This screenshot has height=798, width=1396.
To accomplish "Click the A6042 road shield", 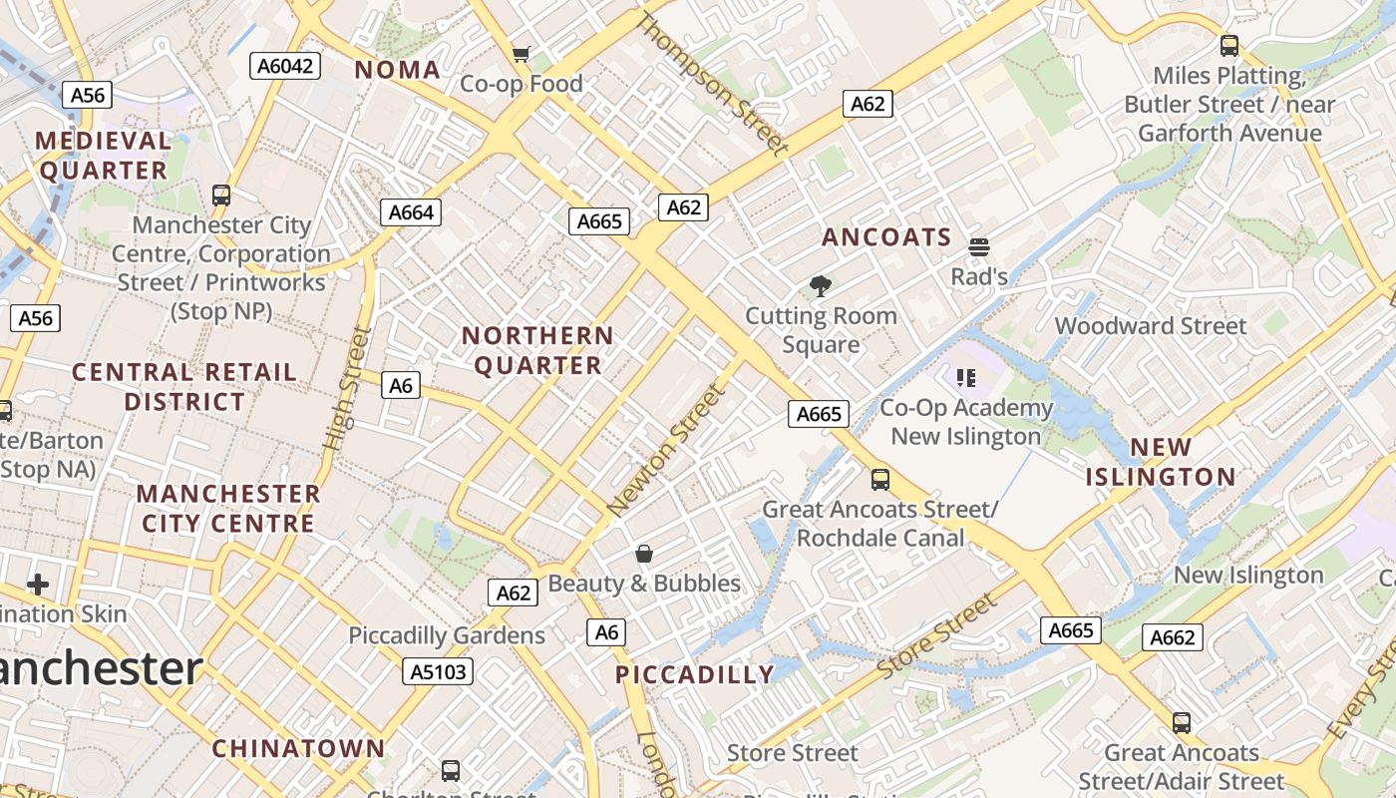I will tap(285, 66).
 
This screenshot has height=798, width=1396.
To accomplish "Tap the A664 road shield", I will tap(411, 212).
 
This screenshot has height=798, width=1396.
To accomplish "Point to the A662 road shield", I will tap(1173, 637).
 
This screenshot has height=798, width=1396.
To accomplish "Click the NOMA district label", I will tap(397, 70).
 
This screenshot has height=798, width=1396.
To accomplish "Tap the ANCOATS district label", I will tap(886, 237).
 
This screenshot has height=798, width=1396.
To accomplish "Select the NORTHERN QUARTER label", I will tap(537, 351).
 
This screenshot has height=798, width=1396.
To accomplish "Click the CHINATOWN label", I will tap(298, 748).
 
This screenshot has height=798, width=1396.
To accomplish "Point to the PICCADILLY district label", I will tap(695, 675).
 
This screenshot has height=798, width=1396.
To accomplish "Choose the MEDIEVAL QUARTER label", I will tap(104, 156).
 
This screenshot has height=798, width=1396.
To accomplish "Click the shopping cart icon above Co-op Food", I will tap(521, 54).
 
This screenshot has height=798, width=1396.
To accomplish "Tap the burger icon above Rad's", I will tap(978, 246).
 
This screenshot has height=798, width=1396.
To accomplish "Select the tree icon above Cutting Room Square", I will tap(821, 287).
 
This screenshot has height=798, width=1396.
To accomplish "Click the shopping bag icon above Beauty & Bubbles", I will tap(644, 554).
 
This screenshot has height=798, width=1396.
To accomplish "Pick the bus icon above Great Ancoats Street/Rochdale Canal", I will tap(879, 480).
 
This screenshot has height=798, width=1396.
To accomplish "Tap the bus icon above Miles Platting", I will tap(1228, 45).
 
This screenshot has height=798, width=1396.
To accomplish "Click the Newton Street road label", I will tap(666, 451).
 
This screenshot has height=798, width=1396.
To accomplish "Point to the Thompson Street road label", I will tap(712, 84).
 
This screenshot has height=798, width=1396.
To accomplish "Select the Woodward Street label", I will tap(1150, 326).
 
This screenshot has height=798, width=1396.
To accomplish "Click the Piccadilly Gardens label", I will tap(447, 635).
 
